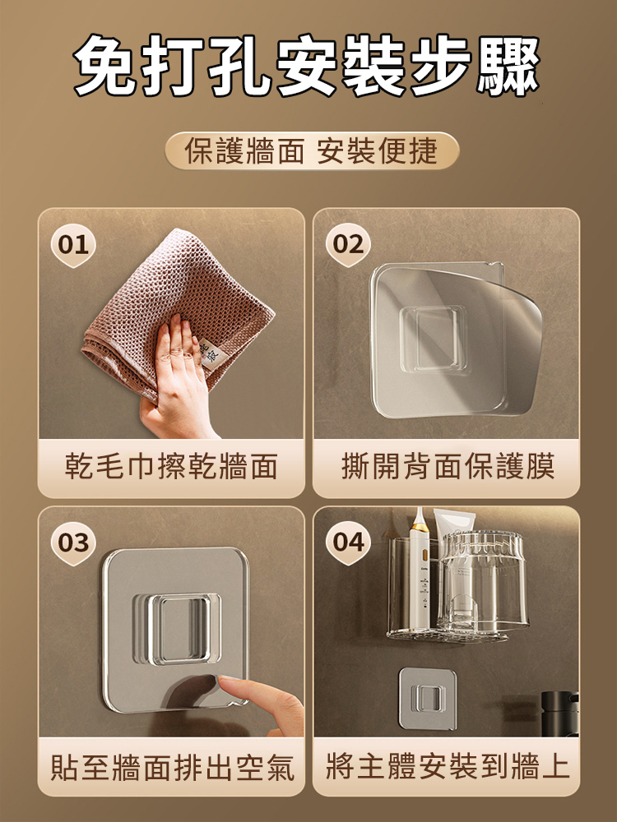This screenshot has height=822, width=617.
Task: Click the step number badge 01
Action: pos(72,244)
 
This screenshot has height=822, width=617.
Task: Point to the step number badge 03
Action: pos(72,543)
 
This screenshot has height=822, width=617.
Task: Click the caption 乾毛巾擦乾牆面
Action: pos(171,467)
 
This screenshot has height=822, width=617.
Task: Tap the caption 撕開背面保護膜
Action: pos(447,467)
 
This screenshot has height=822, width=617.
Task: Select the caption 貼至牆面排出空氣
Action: pos(171,767)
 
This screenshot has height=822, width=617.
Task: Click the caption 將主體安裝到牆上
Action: pos(447,767)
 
